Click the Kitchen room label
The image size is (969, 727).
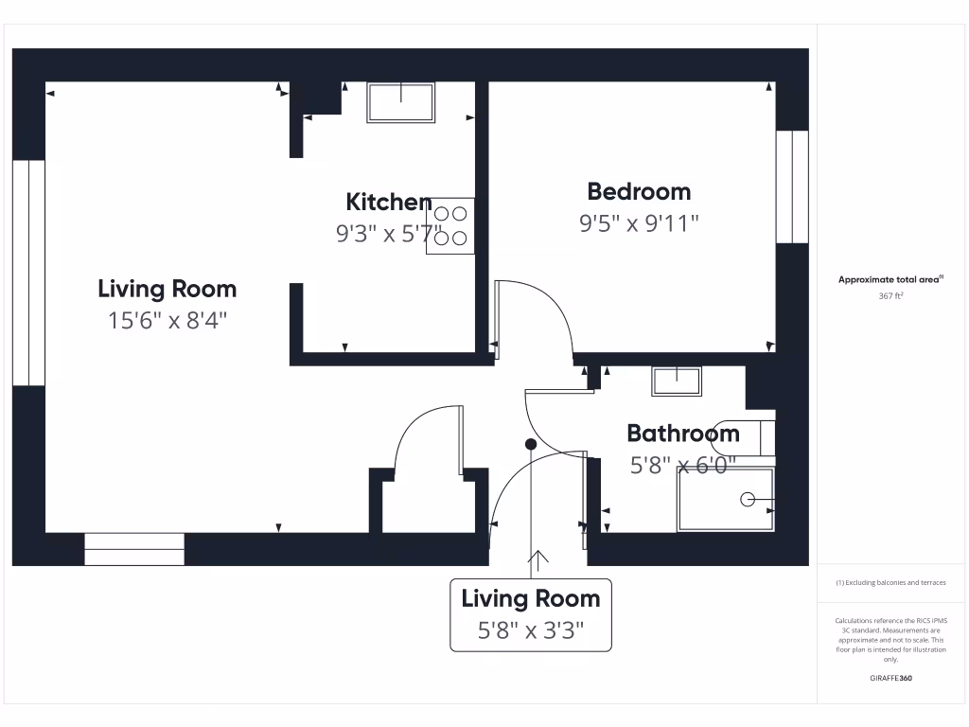coord(389,202)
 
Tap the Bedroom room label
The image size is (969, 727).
coord(639,191)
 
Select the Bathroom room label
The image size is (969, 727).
coord(683,434)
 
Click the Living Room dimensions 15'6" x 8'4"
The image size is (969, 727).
coord(167,321)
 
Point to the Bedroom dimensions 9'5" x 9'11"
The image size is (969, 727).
coord(639,224)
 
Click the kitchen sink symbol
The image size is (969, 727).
coord(401,102)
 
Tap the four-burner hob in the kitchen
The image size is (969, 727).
coord(449,226)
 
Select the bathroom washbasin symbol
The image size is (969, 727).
coord(677,381)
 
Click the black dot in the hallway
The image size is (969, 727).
coord(531,444)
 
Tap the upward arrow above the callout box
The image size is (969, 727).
coord(539,561)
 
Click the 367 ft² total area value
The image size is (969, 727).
coord(890,296)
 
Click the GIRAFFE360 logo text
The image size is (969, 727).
coord(890,678)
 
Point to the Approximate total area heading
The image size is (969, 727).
coord(890,279)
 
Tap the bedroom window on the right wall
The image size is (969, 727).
coord(792,186)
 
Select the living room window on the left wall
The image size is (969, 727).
coord(28,273)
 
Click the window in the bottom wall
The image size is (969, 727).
coord(134,549)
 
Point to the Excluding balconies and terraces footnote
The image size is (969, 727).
coord(890,583)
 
